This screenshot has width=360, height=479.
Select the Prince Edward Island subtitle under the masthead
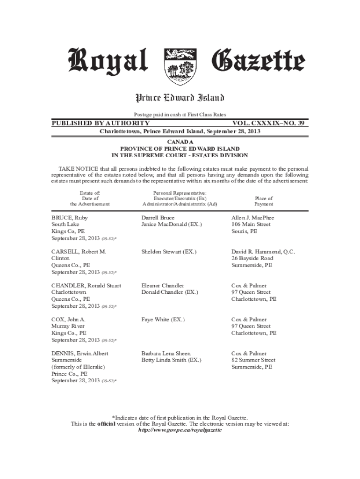click(x=180, y=98)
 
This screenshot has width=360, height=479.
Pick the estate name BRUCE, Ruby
click(x=70, y=218)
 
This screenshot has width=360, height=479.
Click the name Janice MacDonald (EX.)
click(x=172, y=225)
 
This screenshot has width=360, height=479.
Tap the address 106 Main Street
click(x=251, y=225)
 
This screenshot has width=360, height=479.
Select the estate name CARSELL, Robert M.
click(x=79, y=252)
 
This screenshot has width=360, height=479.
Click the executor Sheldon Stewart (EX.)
click(x=169, y=252)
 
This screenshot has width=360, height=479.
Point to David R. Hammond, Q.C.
click(x=263, y=252)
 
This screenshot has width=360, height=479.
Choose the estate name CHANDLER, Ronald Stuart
click(x=86, y=285)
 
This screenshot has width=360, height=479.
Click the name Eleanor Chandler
click(x=163, y=285)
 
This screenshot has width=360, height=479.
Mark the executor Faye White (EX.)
click(x=163, y=319)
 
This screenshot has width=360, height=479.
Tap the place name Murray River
click(x=68, y=326)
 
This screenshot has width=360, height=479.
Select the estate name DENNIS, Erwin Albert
click(x=80, y=354)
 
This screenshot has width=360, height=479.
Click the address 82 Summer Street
click(x=253, y=360)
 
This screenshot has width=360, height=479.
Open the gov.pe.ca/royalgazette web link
click(x=180, y=430)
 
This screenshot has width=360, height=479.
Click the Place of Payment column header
click(x=263, y=201)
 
